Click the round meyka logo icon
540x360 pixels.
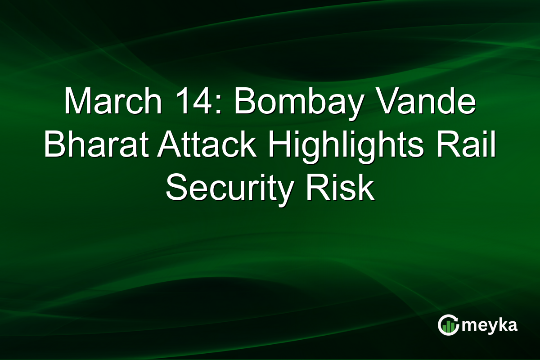pyautogui.click(x=447, y=325)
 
